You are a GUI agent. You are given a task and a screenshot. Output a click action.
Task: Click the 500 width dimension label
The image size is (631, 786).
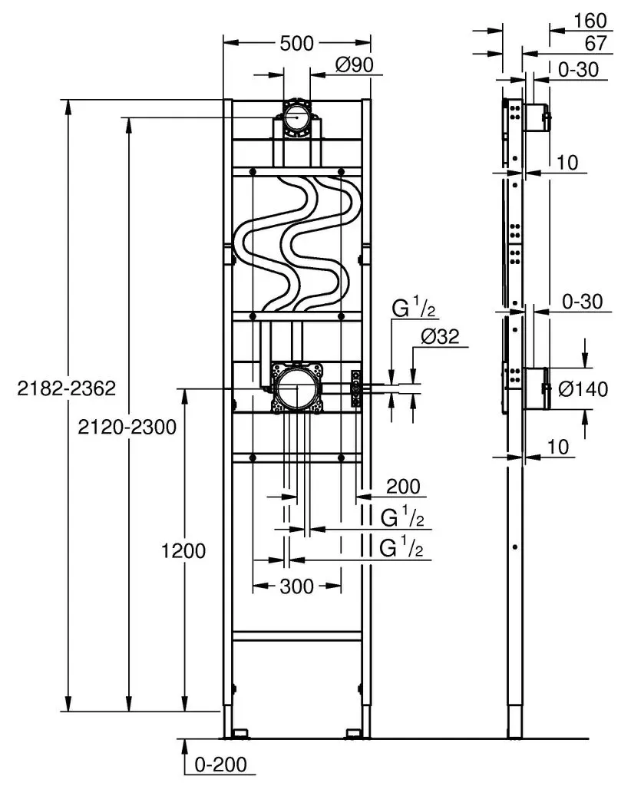296,44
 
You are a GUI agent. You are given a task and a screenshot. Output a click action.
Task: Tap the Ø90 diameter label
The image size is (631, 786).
355,64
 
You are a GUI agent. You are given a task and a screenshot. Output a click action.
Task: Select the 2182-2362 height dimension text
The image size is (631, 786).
66,388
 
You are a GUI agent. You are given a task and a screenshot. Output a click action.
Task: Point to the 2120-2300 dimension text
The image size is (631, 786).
127,427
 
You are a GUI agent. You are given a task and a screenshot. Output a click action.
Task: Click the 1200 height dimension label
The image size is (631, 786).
183,551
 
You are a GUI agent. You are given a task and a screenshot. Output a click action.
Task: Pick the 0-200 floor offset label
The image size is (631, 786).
220,765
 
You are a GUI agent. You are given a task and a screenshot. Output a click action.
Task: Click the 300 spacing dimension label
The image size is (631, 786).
297,586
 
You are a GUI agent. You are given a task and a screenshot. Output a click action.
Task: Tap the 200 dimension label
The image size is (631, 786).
404,486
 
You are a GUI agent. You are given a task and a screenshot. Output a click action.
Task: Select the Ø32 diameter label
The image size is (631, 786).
441,336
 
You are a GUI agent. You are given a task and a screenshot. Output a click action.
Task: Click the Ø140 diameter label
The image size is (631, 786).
583,389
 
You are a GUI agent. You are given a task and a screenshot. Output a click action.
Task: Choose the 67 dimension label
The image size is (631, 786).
596,44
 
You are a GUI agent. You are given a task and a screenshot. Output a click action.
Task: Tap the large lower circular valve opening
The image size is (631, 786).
297,389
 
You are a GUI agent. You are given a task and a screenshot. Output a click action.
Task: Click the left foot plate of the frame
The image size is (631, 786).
240,734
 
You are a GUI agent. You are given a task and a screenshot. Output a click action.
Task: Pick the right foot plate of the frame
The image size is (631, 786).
355,734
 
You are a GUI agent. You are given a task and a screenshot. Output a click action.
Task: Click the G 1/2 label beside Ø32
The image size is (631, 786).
414,309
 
